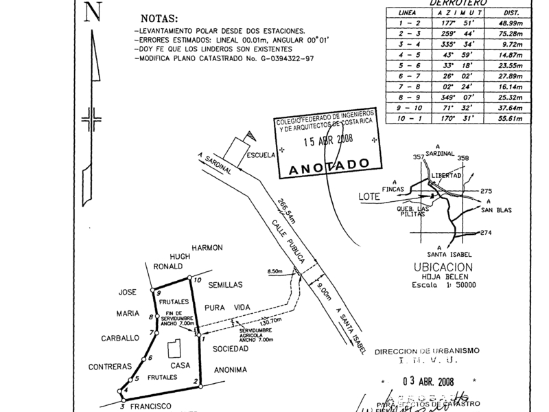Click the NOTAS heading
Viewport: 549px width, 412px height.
(158, 19)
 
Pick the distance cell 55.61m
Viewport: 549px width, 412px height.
(511, 119)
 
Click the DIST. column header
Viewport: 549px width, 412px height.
(511, 12)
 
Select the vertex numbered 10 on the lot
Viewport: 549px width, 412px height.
(196, 279)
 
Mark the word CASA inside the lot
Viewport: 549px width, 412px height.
(180, 365)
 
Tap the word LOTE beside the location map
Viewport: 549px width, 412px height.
(369, 196)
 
